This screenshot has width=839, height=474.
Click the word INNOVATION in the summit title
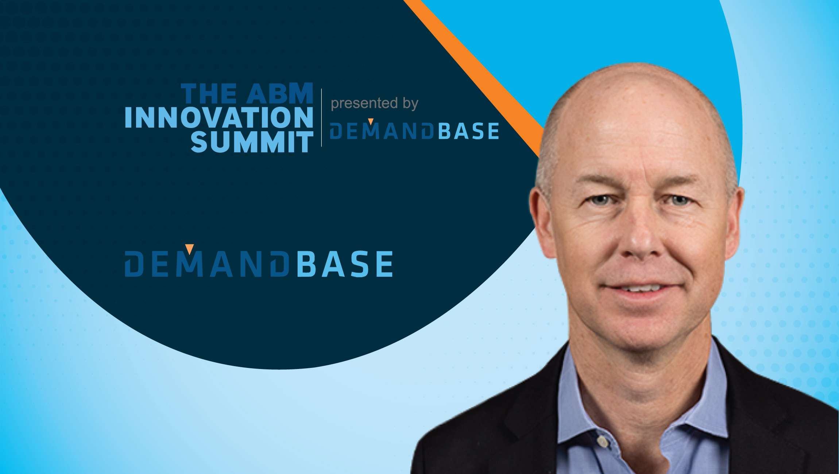(x=219, y=117)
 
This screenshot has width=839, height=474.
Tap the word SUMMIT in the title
(x=252, y=142)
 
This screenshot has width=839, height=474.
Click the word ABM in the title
(x=280, y=94)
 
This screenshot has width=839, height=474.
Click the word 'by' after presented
(x=410, y=104)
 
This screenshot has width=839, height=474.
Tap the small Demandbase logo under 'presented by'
(x=414, y=131)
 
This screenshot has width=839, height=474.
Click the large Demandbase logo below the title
(x=259, y=263)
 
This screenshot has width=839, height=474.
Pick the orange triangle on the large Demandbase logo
(x=189, y=249)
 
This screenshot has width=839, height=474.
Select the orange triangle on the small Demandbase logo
(x=371, y=121)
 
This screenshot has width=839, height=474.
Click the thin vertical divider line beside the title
(x=321, y=117)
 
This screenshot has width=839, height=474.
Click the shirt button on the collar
(x=603, y=442)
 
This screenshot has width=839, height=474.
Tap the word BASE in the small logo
(x=468, y=131)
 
